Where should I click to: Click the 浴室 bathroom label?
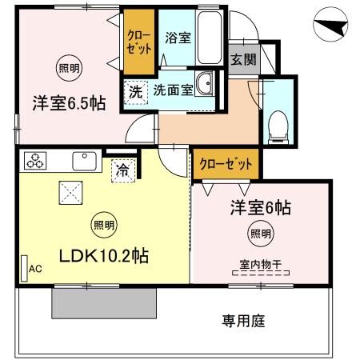pyautogui.click(x=177, y=38)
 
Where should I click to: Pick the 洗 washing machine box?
pyautogui.click(x=135, y=92)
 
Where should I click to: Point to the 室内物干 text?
pyautogui.click(x=259, y=263)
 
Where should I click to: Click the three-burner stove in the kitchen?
pyautogui.click(x=36, y=160)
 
